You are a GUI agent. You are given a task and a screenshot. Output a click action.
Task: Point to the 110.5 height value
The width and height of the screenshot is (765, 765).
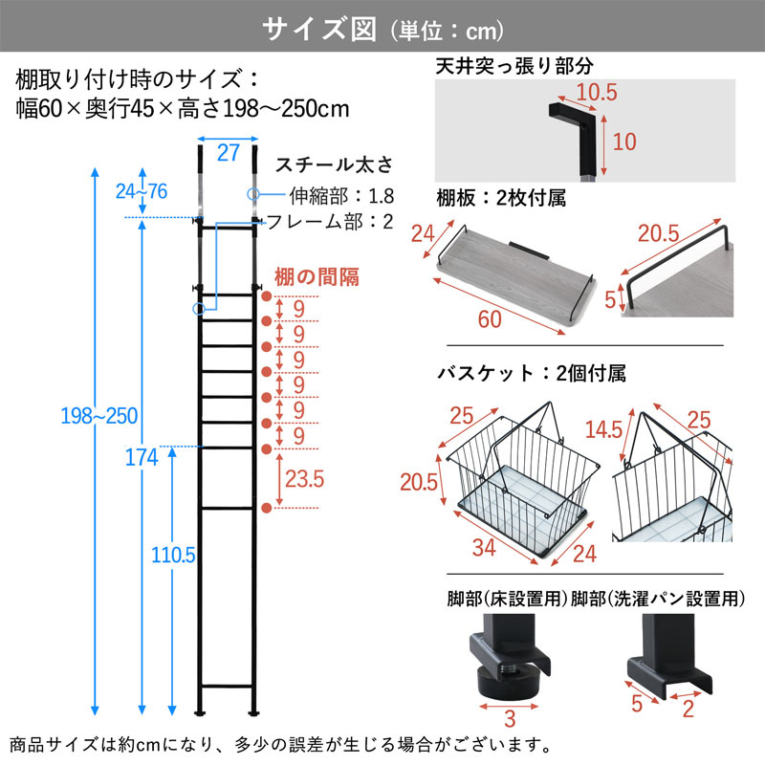tap(171, 554)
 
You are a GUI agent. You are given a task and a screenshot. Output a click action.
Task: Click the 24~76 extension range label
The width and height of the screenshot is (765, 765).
tap(141, 191)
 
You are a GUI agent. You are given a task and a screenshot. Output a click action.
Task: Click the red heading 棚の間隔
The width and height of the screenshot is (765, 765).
tap(317, 277)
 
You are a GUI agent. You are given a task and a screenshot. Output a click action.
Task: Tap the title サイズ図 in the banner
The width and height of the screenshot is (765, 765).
tap(321, 30)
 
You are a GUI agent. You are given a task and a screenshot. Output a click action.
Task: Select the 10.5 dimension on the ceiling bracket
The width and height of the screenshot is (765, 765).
tap(598, 93)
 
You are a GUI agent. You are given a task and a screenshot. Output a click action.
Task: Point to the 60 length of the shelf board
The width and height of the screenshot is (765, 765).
tap(489, 319)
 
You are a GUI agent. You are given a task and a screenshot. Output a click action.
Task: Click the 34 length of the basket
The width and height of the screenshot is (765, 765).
tap(485, 548)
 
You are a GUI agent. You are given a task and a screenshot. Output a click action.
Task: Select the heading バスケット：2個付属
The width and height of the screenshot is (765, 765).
tap(530, 374)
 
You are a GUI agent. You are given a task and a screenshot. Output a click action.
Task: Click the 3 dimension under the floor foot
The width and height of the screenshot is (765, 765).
tap(511, 718)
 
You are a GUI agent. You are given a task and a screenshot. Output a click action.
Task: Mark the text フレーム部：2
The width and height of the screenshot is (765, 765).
tap(329, 222)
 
